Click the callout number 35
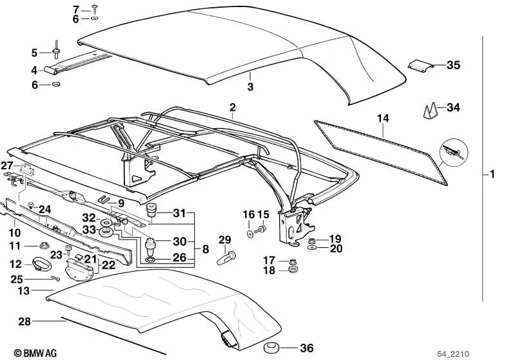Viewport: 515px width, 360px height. (x=453, y=65)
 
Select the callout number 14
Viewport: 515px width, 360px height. (x=383, y=118)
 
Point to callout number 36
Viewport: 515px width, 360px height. (x=307, y=348)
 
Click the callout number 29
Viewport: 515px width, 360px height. (x=224, y=240)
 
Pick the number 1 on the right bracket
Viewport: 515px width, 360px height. (x=492, y=174)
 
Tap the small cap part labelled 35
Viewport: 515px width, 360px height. (x=420, y=66)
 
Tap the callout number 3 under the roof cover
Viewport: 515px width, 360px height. (x=251, y=86)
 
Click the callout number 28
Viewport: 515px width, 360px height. (x=24, y=320)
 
